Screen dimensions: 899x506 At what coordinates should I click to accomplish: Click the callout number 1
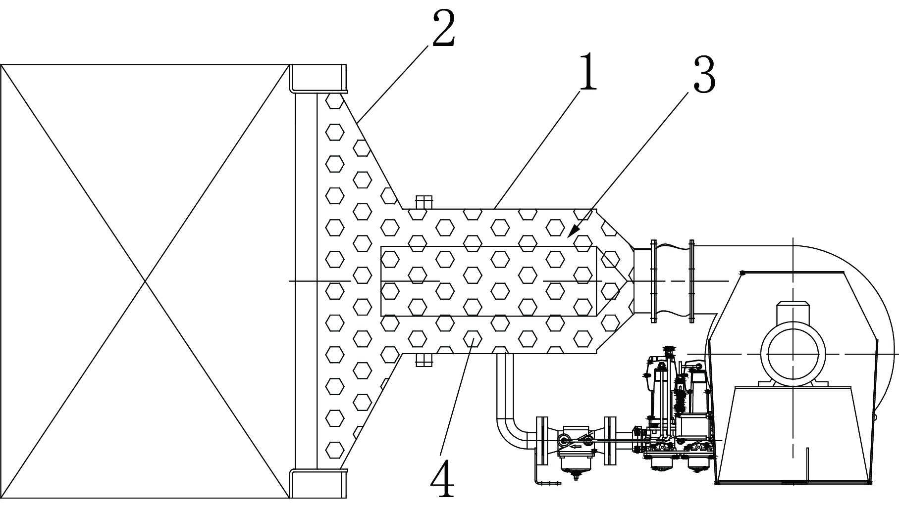[588, 71]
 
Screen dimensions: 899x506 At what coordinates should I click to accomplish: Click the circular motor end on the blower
[793, 353]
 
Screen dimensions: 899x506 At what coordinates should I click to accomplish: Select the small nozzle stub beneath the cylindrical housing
[424, 360]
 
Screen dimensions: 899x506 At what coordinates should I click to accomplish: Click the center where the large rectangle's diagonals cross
[145, 281]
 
